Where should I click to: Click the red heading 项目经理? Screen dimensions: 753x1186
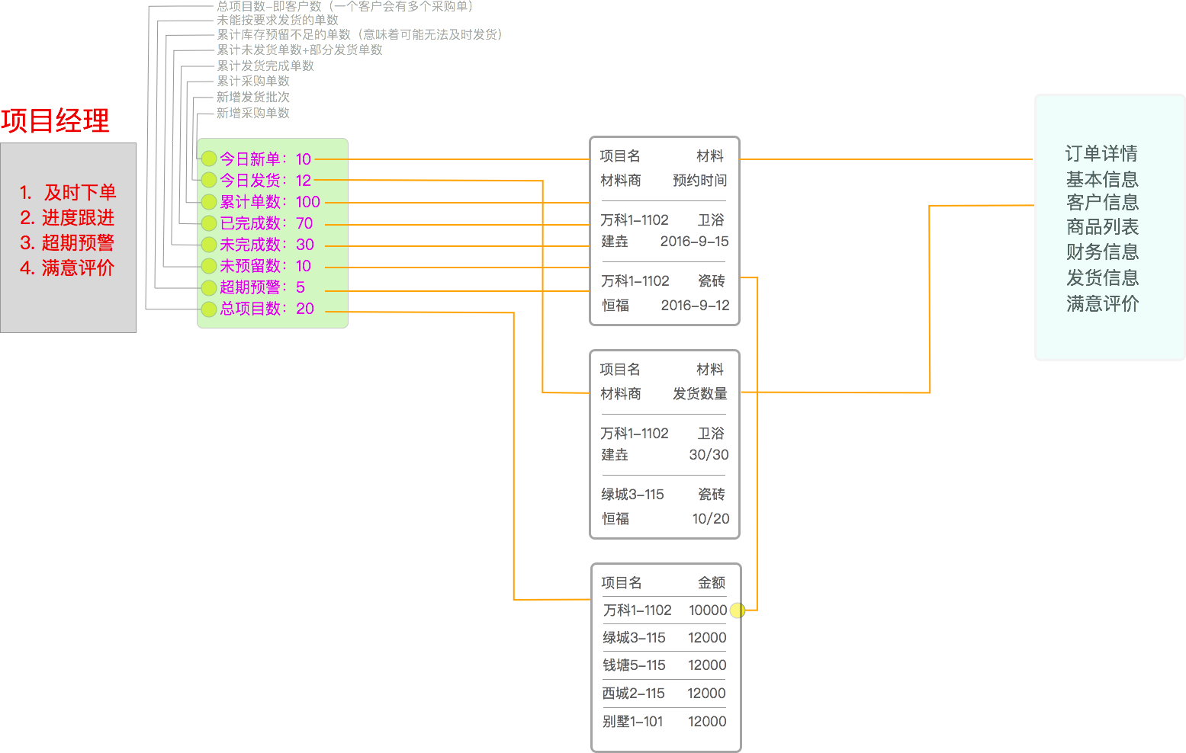55,121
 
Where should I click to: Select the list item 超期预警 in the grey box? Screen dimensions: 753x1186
67,243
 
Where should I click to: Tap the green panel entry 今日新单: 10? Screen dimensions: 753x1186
265,159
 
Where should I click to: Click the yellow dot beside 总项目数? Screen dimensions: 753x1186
209,309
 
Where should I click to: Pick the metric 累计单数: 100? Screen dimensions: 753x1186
270,202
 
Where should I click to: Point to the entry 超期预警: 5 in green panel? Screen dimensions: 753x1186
262,287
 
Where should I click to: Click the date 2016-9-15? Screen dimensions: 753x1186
694,242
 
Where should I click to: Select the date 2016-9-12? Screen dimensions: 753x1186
695,306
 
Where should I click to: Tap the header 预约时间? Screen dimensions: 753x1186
699,181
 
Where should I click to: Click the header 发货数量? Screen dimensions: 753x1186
699,394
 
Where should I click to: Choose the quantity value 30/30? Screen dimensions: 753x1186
709,455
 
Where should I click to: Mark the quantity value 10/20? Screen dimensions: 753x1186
710,519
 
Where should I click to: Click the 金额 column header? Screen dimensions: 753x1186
712,583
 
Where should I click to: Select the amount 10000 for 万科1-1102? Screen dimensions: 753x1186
707,610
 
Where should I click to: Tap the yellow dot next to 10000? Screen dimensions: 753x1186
737,610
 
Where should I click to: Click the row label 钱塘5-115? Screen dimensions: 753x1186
634,665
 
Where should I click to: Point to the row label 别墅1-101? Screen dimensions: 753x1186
632,722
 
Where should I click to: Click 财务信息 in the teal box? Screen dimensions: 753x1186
1102,252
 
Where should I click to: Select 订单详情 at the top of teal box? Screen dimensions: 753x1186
1101,154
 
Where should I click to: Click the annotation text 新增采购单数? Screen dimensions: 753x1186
252,113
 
